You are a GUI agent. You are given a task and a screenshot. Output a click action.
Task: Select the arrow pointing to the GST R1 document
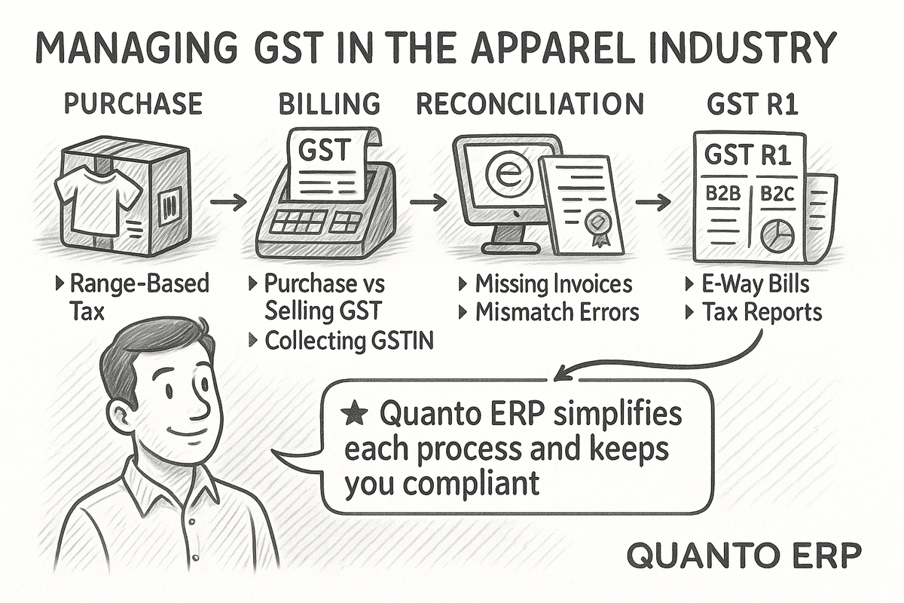tap(653, 202)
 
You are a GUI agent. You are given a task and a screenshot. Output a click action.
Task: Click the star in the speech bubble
tap(352, 413)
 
